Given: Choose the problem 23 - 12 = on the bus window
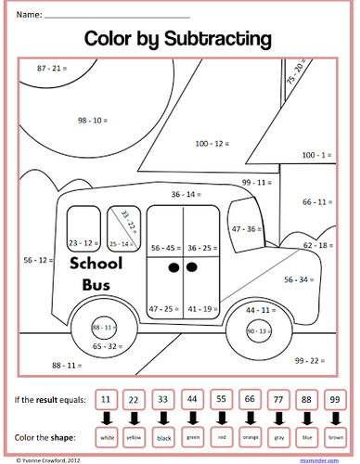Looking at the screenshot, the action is pyautogui.click(x=84, y=242).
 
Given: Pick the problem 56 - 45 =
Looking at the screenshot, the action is pyautogui.click(x=165, y=248).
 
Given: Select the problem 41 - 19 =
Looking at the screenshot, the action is pyautogui.click(x=201, y=307).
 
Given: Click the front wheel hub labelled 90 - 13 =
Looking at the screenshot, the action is pyautogui.click(x=262, y=331).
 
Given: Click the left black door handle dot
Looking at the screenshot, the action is pyautogui.click(x=172, y=269).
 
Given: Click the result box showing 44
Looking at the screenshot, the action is pyautogui.click(x=192, y=400).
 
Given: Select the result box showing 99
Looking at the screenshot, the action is pyautogui.click(x=336, y=400).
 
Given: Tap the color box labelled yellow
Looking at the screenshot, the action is pyautogui.click(x=135, y=435).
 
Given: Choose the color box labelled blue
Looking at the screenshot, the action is pyautogui.click(x=307, y=435).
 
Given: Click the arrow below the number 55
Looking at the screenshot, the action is pyautogui.click(x=221, y=417).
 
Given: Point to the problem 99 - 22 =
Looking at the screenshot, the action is pyautogui.click(x=312, y=359).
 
